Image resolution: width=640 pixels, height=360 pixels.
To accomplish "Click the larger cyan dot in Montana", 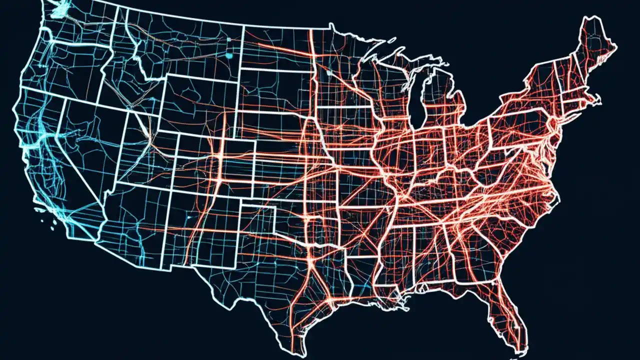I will pyautogui.click(x=229, y=55).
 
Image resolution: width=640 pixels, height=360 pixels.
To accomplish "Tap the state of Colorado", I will pyautogui.click(x=220, y=160).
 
